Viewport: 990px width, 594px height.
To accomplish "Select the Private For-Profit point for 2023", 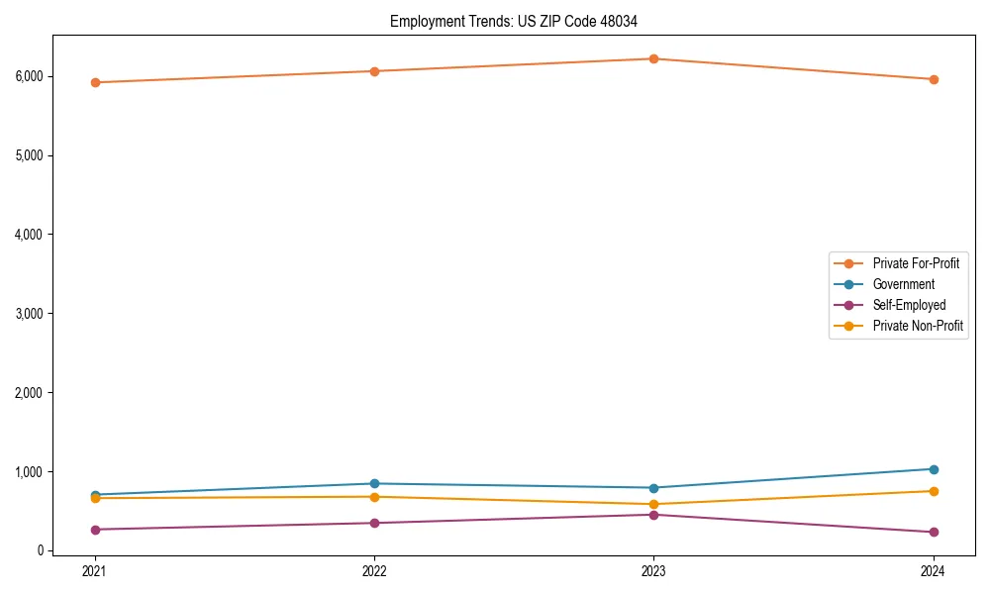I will coord(653,58).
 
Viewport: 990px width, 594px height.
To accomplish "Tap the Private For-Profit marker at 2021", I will coord(95,82).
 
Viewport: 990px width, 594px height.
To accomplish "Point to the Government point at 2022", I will coord(374,484).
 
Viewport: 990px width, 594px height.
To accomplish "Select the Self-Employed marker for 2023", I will coord(653,515).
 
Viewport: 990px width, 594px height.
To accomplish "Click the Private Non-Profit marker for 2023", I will coord(653,505).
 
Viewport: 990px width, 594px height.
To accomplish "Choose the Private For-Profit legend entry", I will coord(916,263).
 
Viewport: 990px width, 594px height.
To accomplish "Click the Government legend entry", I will coord(903,284).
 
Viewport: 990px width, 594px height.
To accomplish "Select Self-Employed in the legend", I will coord(909,305).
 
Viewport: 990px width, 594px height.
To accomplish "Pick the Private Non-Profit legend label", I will coord(918,326).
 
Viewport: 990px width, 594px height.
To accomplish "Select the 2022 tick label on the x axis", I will coord(374,570).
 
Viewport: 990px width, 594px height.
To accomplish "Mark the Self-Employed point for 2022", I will coord(374,523).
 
